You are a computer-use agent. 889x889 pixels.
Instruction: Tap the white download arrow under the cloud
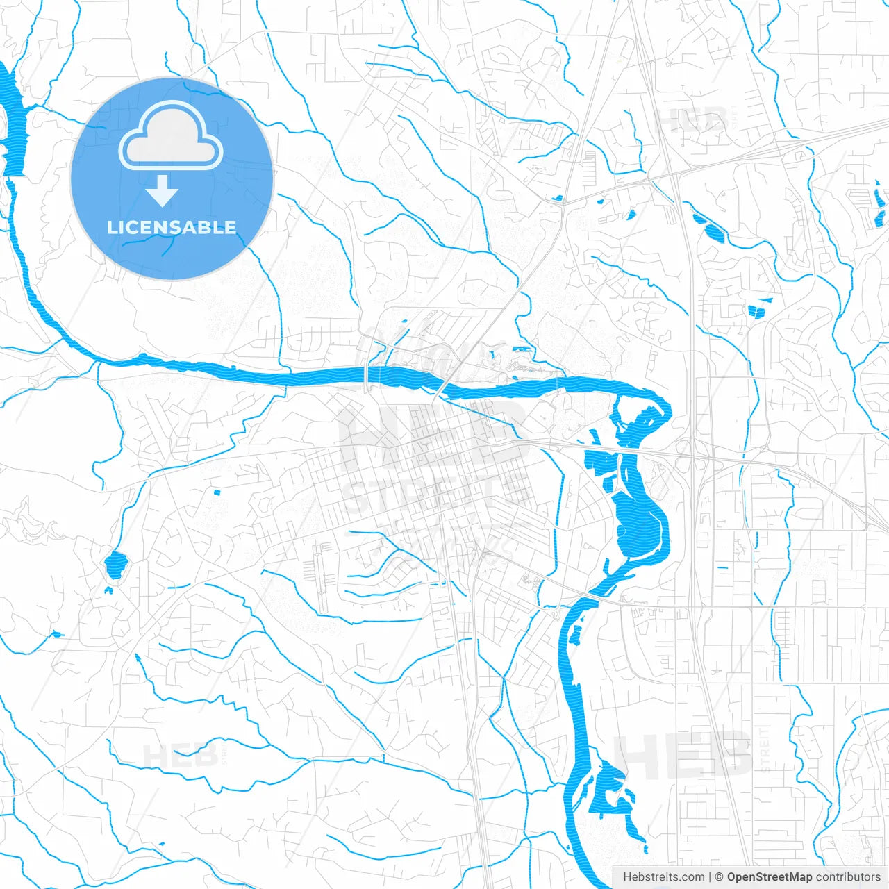click(163, 191)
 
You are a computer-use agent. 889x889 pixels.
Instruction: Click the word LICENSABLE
click(172, 227)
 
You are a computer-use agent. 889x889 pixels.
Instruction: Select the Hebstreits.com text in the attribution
click(663, 877)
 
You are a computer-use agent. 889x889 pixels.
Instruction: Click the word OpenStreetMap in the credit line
click(769, 877)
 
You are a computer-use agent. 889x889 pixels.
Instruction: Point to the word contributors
click(848, 877)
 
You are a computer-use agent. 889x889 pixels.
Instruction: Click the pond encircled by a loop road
click(116, 564)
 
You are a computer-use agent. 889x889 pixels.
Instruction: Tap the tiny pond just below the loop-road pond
click(108, 590)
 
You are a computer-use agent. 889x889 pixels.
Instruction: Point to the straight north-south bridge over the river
click(366, 374)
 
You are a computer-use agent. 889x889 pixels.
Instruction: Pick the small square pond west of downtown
click(216, 492)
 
